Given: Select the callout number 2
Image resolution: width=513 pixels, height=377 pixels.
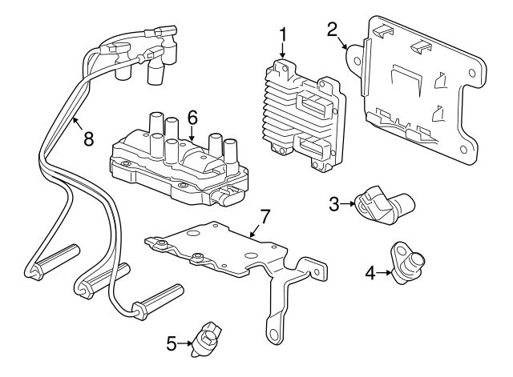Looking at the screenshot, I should coord(332,30).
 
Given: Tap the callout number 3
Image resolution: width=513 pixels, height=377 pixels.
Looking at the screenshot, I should coord(335,204).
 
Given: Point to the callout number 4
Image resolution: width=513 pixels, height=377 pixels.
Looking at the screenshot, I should coord(370,272).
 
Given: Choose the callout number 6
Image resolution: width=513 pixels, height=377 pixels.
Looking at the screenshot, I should coord(192,117).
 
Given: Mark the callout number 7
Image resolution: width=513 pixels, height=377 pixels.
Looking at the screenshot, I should coord(265,216).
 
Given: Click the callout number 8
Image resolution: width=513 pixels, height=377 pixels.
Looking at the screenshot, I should coord(88,138).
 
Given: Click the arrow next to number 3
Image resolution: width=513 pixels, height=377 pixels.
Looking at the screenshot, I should coord(350,205).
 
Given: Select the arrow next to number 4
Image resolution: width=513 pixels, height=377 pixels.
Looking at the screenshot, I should coord(386,272).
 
